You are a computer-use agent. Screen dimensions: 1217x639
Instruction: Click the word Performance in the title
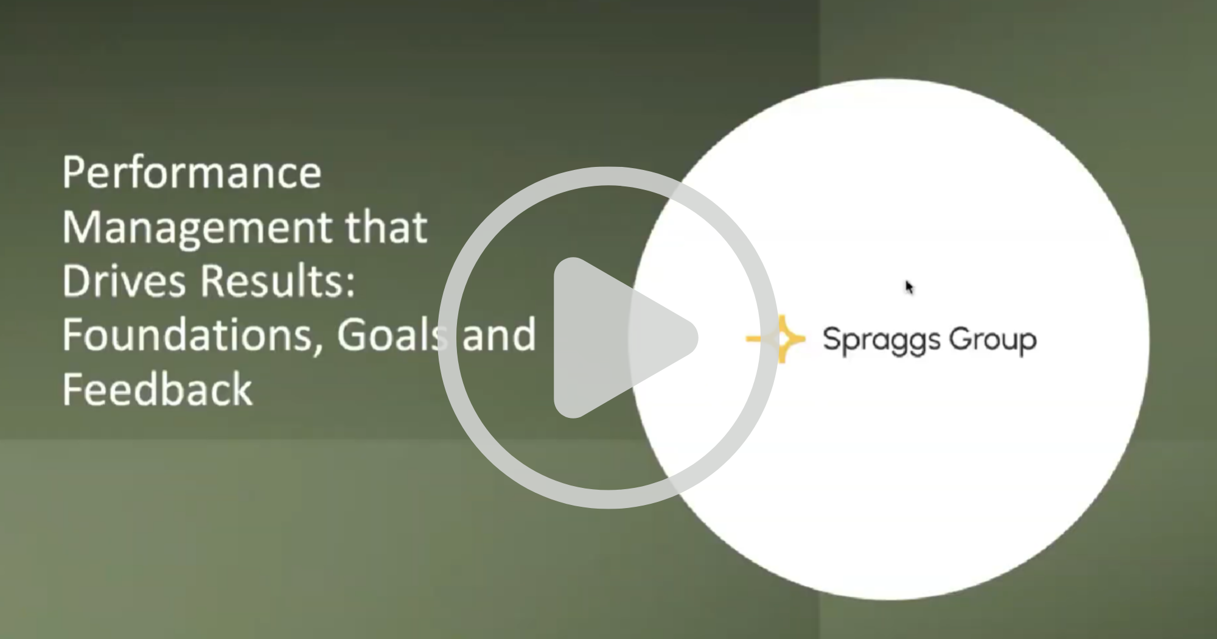(x=192, y=172)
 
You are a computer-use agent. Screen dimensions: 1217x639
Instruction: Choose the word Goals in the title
(x=393, y=334)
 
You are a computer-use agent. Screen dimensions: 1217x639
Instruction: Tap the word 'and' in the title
(x=499, y=334)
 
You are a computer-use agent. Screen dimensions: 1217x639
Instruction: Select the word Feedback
(x=157, y=389)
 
